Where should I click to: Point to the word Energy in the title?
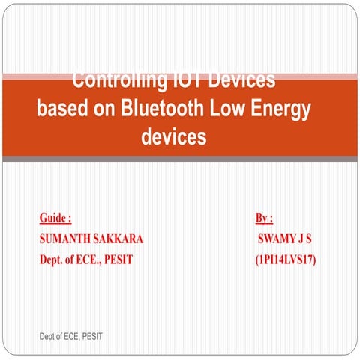(x=280, y=108)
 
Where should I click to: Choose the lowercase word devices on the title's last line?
(x=173, y=137)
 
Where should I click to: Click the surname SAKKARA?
(x=119, y=239)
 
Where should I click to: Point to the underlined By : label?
(x=264, y=219)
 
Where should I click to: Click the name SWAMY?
(x=277, y=239)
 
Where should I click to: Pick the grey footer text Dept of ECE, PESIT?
(x=70, y=337)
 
